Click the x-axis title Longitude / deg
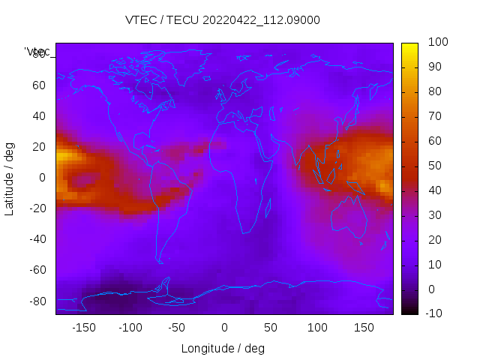pos(223,349)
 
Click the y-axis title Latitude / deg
pos(10,177)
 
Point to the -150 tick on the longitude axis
pos(84,328)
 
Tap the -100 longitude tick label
pos(130,328)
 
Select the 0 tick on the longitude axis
pos(223,328)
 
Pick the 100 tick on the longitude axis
pos(316,328)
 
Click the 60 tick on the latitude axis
pos(39,85)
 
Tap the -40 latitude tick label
pos(37,239)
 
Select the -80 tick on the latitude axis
pos(37,301)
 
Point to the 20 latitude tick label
pos(39,147)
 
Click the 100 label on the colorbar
pos(437,43)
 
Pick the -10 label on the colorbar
pos(436,313)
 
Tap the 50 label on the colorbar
pos(434,166)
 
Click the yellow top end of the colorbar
pos(409,47)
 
